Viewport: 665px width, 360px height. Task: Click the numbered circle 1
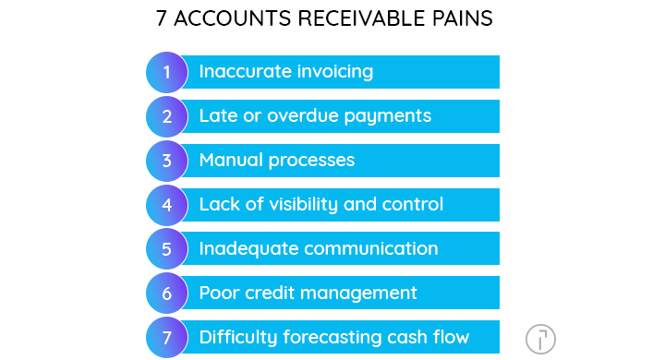(x=167, y=72)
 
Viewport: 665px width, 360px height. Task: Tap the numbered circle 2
(x=167, y=116)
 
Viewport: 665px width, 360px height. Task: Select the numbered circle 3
(x=167, y=161)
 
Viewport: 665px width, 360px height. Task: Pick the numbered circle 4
(x=167, y=205)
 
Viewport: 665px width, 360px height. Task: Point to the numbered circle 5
(x=167, y=249)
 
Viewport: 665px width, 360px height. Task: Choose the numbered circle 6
(x=167, y=294)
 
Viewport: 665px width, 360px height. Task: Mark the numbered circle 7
(x=167, y=337)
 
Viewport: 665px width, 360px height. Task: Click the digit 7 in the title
(x=163, y=18)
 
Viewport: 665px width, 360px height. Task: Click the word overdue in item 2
(x=305, y=116)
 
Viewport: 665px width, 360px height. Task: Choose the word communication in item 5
(x=371, y=249)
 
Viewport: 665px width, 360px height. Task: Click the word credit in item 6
(x=269, y=294)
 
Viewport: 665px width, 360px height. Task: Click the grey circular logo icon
(x=540, y=339)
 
